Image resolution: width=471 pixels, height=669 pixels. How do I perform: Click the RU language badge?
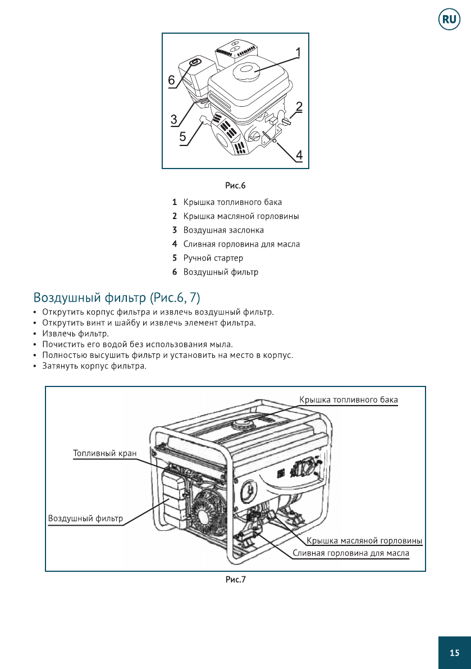pos(449,20)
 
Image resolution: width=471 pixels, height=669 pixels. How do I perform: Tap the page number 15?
pos(454,653)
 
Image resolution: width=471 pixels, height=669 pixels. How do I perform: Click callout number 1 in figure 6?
pos(298,53)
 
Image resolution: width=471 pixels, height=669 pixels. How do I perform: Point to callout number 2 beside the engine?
pos(299,106)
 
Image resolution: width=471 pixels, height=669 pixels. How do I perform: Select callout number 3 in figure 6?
pos(174,120)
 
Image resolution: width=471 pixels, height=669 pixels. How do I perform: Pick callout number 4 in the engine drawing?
pos(299,154)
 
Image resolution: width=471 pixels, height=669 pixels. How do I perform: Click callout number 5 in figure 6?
pos(183,136)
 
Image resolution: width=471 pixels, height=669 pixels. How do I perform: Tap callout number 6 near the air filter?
pos(172,80)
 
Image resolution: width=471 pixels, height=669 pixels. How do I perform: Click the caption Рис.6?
pos(236,185)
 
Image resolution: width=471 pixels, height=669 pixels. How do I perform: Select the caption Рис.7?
pos(236,580)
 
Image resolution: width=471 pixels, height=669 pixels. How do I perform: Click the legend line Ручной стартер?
pos(213,258)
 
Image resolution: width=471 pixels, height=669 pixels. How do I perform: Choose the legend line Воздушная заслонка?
pos(223,230)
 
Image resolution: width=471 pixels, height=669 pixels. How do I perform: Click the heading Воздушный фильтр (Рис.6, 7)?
pos(117,297)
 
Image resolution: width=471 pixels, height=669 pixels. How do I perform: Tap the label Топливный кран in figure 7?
pos(105,453)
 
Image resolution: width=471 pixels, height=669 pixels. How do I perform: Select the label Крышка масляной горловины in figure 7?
pos(364,541)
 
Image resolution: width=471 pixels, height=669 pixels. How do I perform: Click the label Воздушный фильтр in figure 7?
pos(85,518)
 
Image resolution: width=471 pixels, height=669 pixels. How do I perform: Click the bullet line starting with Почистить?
pos(137,344)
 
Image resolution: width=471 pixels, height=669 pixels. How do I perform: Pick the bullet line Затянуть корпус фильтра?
pos(94,366)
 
